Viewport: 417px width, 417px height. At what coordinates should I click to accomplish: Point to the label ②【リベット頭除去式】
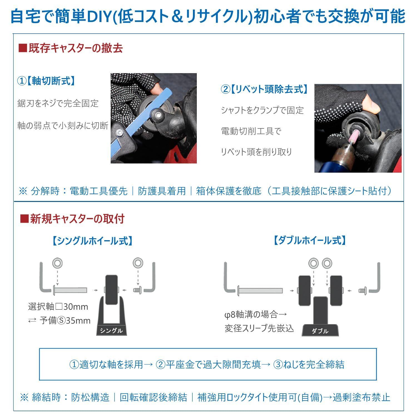(x=264, y=89)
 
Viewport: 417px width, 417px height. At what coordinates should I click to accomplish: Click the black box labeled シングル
(x=111, y=330)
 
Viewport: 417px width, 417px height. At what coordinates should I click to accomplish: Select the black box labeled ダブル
(x=320, y=331)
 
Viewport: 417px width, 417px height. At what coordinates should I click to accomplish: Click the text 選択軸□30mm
(x=58, y=307)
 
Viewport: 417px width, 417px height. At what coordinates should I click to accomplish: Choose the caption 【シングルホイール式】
(x=92, y=241)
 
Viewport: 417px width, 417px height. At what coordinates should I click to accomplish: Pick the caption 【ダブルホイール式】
(x=309, y=240)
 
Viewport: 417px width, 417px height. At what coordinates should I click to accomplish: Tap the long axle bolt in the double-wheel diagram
(x=260, y=291)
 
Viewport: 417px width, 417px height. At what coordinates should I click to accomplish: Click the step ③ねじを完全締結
(x=309, y=364)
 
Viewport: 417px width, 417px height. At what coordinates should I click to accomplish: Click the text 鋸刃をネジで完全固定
(x=58, y=103)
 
